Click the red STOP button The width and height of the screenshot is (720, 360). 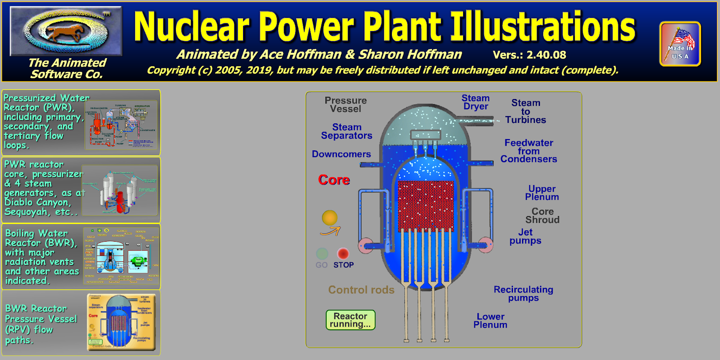coord(343,253)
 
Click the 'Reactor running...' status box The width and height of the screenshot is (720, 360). coord(351,320)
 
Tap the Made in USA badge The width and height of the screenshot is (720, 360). coord(680,44)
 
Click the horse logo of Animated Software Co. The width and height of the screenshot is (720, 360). coord(66,31)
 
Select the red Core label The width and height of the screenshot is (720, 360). coord(334,180)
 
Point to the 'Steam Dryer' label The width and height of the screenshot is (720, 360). coord(476,102)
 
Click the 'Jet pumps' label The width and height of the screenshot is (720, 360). coord(525,236)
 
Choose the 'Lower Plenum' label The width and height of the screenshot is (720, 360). coord(490,321)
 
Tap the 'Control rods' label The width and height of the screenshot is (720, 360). coord(361,290)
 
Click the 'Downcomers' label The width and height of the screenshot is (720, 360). coord(342,154)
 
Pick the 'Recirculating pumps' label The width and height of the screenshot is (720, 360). coord(523,293)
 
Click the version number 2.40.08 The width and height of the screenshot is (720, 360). coord(529,55)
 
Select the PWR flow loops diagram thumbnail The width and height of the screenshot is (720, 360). coord(121,125)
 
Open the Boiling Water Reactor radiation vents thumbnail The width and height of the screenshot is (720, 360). coord(121,256)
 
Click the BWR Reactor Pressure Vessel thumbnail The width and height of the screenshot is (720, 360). coord(121,322)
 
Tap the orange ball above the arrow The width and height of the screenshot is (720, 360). coord(330,218)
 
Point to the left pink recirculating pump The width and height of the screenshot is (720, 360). coord(365,245)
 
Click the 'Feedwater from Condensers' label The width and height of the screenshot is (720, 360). coord(529,151)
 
